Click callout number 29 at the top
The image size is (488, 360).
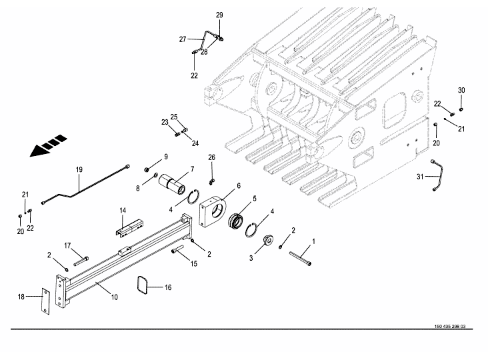click(219, 15)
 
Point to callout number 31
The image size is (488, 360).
click(420, 176)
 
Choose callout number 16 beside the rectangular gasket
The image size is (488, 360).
click(167, 287)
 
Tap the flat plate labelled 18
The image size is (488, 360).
click(43, 303)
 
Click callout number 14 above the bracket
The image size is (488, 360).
click(123, 211)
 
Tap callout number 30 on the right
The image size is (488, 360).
click(461, 90)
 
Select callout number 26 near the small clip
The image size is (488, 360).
click(212, 157)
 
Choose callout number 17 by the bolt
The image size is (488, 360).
click(67, 245)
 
